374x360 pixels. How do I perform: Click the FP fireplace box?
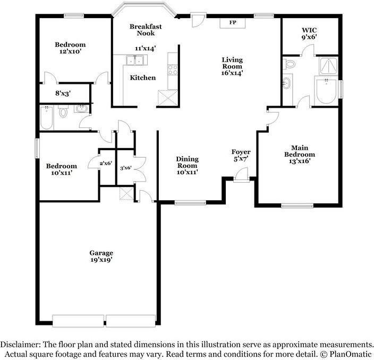click(232, 22)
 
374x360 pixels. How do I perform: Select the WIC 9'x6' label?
click(309, 35)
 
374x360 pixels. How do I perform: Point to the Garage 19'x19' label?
click(101, 256)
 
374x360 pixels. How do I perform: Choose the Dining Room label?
click(187, 165)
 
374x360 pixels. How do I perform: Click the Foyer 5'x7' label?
click(241, 155)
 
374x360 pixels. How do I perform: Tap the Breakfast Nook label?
click(146, 30)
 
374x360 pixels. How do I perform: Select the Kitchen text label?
click(143, 78)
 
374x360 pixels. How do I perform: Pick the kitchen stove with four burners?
click(173, 68)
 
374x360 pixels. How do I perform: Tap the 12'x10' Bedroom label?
click(70, 48)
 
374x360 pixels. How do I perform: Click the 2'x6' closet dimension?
click(105, 163)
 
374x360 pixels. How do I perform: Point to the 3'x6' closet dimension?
click(125, 168)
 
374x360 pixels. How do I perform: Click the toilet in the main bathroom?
click(290, 64)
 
